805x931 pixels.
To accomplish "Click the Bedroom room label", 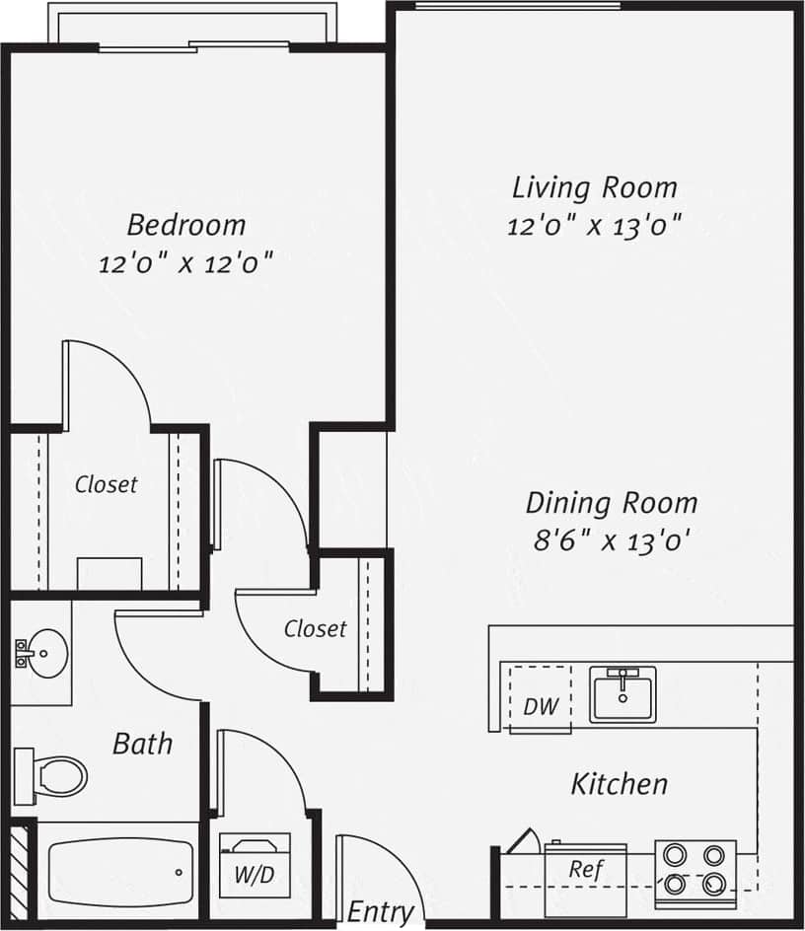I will (x=186, y=225).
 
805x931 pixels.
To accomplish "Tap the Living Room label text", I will (x=594, y=187).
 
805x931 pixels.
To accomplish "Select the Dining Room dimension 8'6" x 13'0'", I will (x=610, y=540).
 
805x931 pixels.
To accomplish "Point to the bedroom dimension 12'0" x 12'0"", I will (x=185, y=264).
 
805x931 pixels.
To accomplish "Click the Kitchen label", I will (x=619, y=784).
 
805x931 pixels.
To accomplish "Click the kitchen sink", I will (x=622, y=694).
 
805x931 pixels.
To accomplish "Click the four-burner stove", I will (x=695, y=870).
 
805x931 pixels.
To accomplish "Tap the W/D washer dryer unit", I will (x=255, y=864).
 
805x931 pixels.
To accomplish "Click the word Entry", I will (x=380, y=912).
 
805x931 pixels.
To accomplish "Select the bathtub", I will (x=118, y=873).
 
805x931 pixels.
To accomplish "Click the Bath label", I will (x=142, y=743).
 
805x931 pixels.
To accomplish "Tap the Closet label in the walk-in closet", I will (x=107, y=484).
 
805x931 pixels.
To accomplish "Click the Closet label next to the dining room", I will (x=315, y=628).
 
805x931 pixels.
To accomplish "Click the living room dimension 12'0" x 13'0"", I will (x=594, y=226).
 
